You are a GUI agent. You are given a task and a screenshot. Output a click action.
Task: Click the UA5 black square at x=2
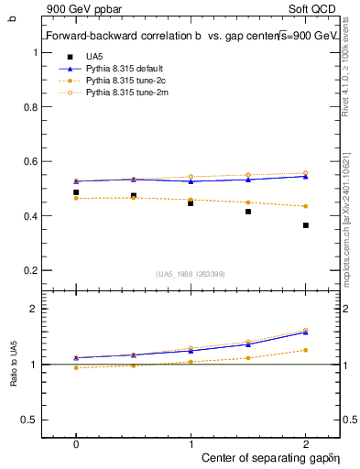coord(306,225)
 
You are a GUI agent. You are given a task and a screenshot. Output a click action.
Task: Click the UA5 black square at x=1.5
coord(248,212)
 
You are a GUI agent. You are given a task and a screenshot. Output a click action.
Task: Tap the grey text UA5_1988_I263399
coord(190,274)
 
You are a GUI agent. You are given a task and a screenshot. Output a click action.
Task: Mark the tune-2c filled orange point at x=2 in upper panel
coord(306,206)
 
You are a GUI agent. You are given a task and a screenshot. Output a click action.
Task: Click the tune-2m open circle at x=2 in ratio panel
coord(306,331)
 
